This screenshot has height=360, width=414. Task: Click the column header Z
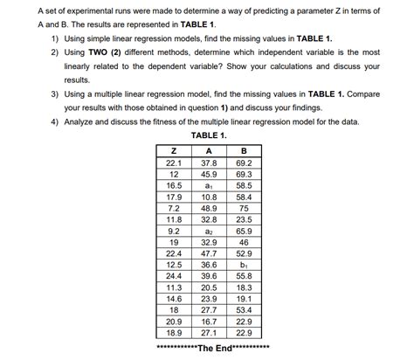pyautogui.click(x=173, y=151)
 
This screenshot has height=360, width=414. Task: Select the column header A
pyautogui.click(x=209, y=151)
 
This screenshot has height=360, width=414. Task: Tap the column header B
pyautogui.click(x=244, y=151)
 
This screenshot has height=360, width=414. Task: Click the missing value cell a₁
pyautogui.click(x=209, y=185)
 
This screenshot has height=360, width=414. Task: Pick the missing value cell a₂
pyautogui.click(x=209, y=231)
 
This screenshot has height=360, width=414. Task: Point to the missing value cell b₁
pyautogui.click(x=244, y=265)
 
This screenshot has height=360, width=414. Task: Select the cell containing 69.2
pyautogui.click(x=244, y=163)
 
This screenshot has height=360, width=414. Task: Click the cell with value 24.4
pyautogui.click(x=173, y=276)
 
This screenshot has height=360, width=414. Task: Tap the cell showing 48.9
pyautogui.click(x=209, y=208)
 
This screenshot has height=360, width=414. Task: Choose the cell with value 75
pyautogui.click(x=244, y=208)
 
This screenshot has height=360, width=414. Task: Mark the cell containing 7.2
pyautogui.click(x=173, y=208)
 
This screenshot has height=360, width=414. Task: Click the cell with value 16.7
pyautogui.click(x=209, y=322)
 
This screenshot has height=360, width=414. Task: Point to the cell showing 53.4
pyautogui.click(x=244, y=310)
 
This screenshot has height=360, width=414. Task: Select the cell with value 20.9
pyautogui.click(x=173, y=322)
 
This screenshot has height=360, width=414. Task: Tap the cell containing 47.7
pyautogui.click(x=209, y=253)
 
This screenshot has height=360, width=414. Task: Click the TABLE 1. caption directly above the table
pyautogui.click(x=208, y=136)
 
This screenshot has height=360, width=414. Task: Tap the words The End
pyautogui.click(x=214, y=348)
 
